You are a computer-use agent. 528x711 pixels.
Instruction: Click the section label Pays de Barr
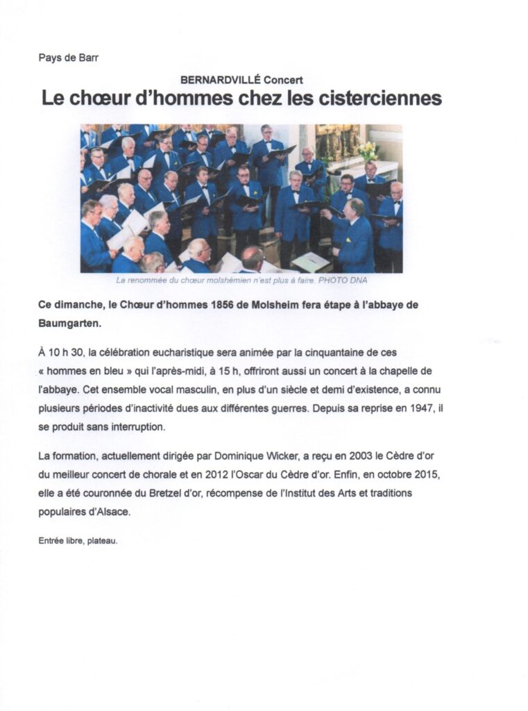coord(68,58)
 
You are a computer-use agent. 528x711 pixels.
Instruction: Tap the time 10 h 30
coord(61,353)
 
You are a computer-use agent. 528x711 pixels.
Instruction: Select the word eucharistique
coord(188,353)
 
